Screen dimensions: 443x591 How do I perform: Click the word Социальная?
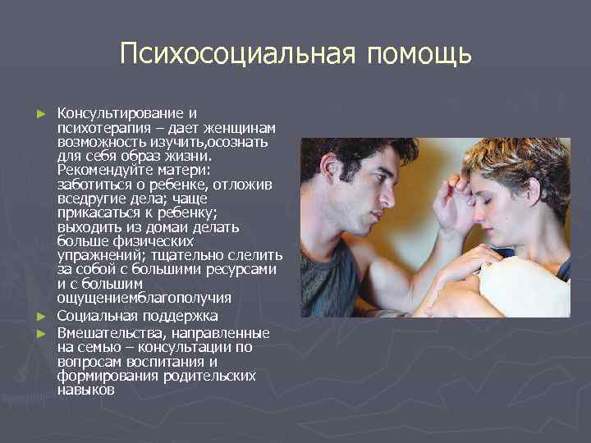[99, 316]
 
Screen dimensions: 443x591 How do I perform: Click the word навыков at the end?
[86, 390]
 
